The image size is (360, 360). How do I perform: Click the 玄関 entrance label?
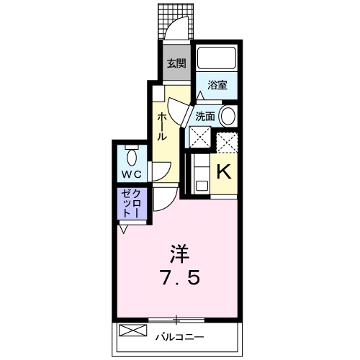[176, 63]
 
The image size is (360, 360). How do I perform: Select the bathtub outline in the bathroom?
[217, 58]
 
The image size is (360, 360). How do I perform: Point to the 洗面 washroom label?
[205, 114]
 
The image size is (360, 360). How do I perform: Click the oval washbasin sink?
[228, 114]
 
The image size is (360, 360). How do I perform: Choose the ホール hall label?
[163, 125]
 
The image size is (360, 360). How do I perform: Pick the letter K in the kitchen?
[224, 172]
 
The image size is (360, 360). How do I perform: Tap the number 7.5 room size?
[179, 277]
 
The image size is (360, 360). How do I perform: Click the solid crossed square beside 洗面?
[199, 136]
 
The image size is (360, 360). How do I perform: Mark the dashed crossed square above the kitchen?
[227, 143]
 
